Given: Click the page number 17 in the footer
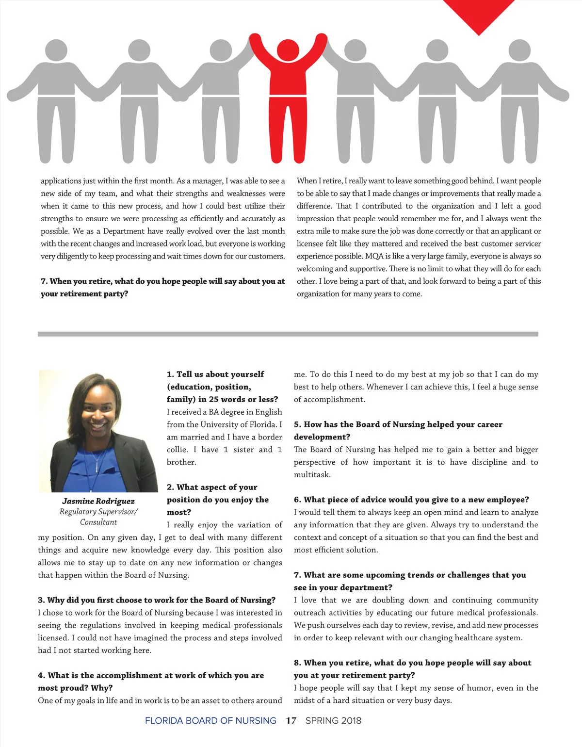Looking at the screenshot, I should tap(291, 721).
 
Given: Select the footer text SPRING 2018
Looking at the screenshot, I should tap(333, 721).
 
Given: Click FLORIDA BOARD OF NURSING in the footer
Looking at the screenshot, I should tap(210, 721).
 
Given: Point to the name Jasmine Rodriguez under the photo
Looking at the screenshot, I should tap(98, 501).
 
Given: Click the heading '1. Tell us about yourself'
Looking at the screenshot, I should tap(215, 374).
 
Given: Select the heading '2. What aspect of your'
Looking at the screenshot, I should tap(212, 487).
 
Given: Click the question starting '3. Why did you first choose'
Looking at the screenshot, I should tap(157, 600).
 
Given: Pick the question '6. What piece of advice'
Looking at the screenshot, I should tap(411, 500).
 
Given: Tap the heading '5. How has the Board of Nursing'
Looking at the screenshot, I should tap(398, 424).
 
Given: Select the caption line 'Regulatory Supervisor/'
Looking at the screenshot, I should tap(98, 512).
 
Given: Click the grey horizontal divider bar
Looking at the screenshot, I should tap(288, 334).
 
